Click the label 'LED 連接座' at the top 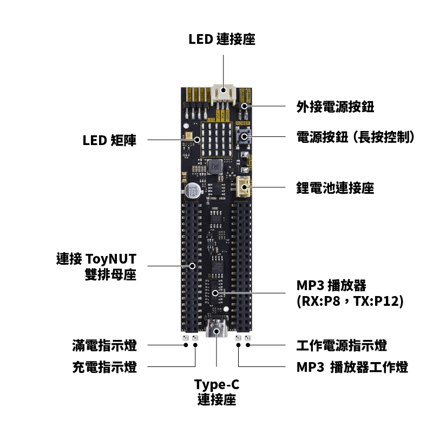(x=221, y=40)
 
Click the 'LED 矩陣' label (x=109, y=141)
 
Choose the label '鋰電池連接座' (x=335, y=188)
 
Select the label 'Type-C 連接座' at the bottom (x=216, y=392)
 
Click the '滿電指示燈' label (x=104, y=345)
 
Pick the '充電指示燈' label (x=104, y=368)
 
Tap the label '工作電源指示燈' (x=342, y=345)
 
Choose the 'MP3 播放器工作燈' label (x=352, y=368)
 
